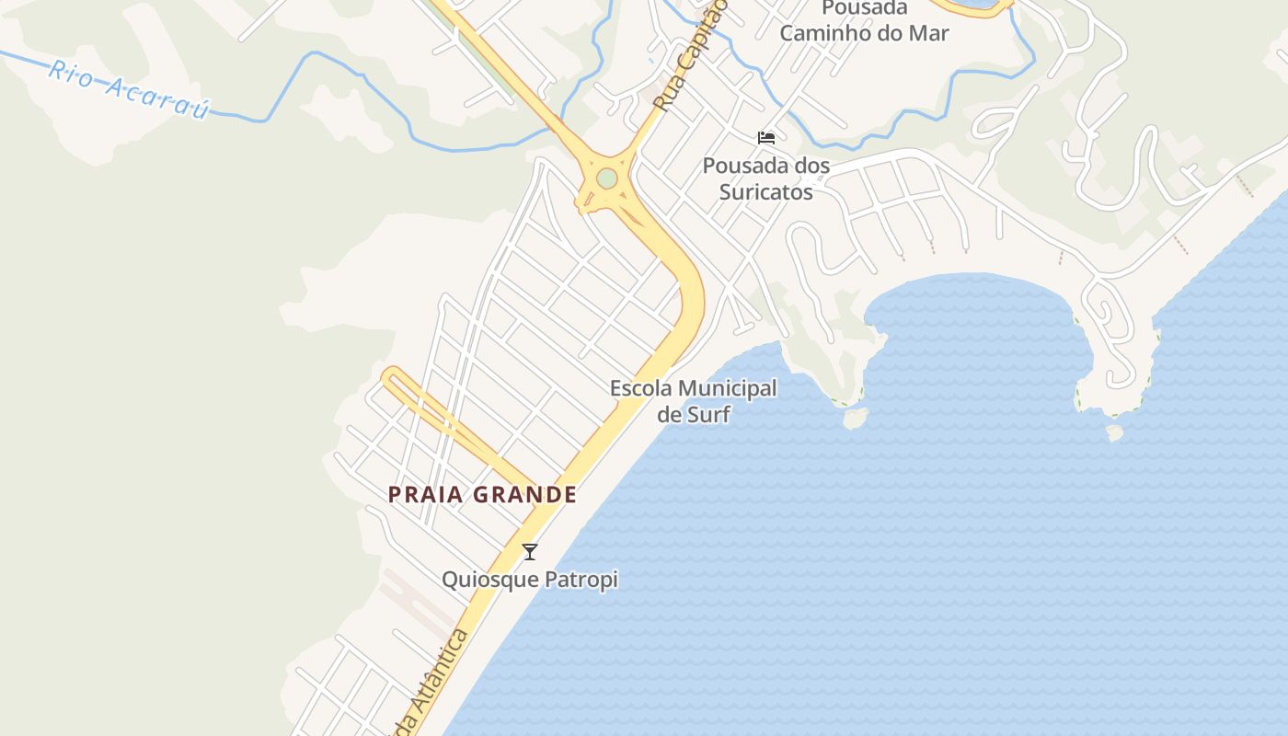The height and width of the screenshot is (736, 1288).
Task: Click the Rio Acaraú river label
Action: [129, 90]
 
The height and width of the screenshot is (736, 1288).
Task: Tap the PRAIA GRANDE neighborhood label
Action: [482, 495]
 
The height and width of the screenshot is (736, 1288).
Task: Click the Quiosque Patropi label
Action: [530, 580]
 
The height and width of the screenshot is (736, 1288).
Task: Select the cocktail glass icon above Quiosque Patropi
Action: [530, 552]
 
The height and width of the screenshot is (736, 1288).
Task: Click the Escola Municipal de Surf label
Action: [694, 401]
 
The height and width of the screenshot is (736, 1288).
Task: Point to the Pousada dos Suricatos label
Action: [766, 178]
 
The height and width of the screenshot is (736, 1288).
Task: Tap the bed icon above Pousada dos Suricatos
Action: [766, 138]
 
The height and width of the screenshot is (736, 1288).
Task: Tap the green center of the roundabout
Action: [606, 178]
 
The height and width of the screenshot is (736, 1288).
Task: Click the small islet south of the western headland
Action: [856, 419]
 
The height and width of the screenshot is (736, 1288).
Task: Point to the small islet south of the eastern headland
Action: [1115, 431]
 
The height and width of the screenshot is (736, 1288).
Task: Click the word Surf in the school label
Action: [708, 415]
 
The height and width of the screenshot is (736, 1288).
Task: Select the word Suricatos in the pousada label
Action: [766, 192]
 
